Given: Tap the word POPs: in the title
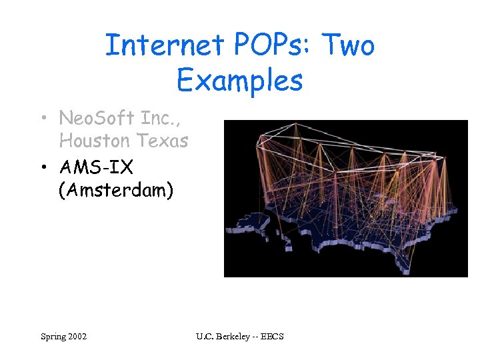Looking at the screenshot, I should tap(275, 45).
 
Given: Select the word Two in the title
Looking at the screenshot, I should tap(349, 45).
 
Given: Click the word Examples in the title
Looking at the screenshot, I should tap(240, 81).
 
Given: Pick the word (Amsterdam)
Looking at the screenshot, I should tap(116, 190).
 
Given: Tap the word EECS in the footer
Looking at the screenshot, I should tap(272, 336).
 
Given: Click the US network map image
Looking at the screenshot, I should tap(345, 198).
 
